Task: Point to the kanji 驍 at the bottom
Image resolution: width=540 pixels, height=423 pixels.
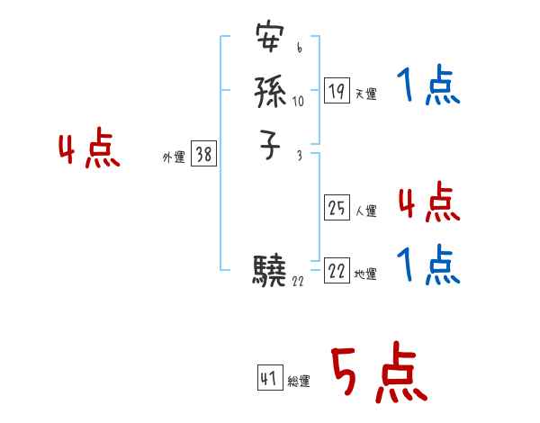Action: [270, 271]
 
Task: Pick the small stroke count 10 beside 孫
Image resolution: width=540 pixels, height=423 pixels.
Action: [299, 101]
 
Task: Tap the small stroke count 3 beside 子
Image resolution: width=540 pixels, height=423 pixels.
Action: [299, 156]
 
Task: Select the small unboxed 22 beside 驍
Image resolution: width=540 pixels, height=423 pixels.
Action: [300, 282]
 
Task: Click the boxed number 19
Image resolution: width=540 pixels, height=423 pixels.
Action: [337, 91]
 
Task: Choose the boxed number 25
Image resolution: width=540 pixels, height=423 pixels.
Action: [337, 209]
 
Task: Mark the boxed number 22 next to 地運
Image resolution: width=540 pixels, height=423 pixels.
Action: [337, 272]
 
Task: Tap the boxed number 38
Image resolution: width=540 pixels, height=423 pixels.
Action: [203, 155]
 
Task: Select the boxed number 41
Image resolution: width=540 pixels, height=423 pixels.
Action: [269, 378]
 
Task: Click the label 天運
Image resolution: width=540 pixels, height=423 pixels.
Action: [365, 94]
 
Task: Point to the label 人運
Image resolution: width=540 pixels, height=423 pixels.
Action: [365, 211]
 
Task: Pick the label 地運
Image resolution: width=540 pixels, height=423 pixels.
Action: [365, 274]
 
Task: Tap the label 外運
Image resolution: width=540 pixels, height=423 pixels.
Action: [173, 157]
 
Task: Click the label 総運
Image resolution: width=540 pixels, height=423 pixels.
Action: [299, 382]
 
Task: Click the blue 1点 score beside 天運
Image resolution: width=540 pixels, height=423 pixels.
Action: [427, 87]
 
